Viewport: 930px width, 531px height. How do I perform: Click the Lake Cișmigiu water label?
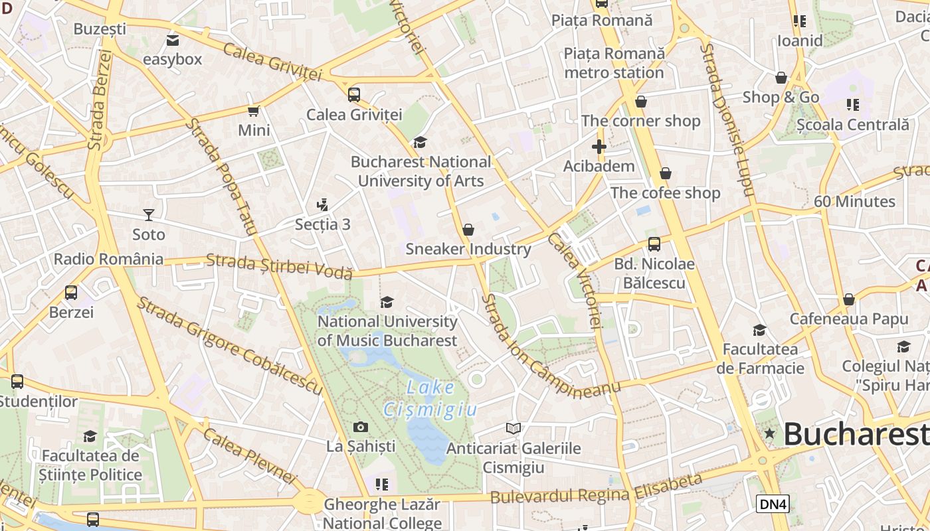point(430,399)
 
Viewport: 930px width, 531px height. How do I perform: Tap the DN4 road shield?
point(773,504)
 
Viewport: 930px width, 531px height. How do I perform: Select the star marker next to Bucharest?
point(770,433)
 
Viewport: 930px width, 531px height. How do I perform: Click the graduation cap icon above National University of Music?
point(387,303)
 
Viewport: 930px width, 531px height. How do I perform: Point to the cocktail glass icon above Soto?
point(148,214)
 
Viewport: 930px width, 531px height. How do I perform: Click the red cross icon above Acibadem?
point(599,147)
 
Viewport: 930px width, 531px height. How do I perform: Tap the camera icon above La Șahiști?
point(361,427)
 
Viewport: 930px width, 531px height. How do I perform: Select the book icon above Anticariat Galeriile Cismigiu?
point(513,428)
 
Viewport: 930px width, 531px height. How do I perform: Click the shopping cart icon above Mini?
point(253,111)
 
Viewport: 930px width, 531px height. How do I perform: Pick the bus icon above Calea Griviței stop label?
point(354,95)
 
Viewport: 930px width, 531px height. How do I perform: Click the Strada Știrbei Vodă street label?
point(279,266)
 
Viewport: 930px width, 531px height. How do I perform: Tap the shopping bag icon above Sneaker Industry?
point(468,230)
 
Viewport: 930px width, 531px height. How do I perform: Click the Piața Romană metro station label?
point(614,62)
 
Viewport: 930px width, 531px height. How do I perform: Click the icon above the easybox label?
point(173,40)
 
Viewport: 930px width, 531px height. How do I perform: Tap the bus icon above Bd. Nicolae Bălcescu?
point(654,244)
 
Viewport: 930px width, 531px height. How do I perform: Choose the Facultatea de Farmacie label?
point(760,358)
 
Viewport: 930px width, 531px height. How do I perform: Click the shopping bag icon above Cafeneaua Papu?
point(848,299)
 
